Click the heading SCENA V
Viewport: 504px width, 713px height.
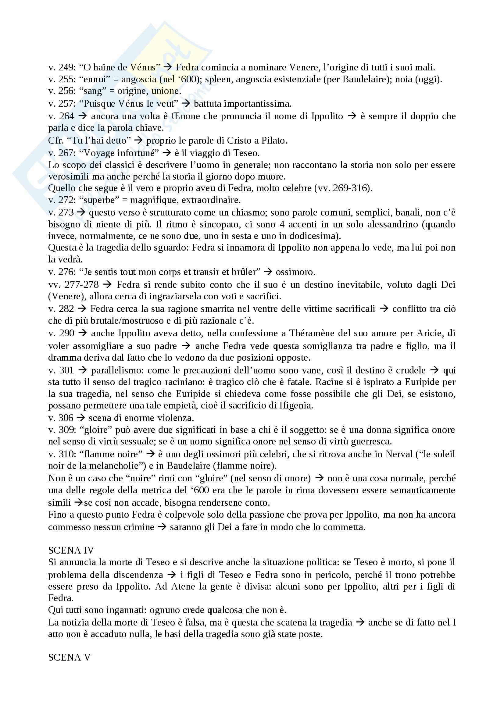[69, 657]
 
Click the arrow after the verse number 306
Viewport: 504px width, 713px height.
[81, 418]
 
